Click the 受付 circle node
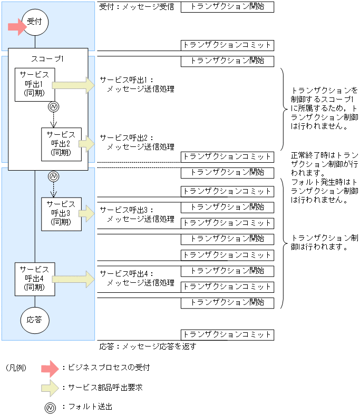pos(35,23)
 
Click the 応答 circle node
pos(35,319)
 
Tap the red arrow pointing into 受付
pos(17,26)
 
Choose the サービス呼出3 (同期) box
pos(62,213)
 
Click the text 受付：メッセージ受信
pos(137,7)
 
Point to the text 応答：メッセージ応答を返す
pos(148,347)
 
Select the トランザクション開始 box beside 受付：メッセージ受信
pos(227,7)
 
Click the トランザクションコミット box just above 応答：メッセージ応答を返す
pos(227,334)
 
